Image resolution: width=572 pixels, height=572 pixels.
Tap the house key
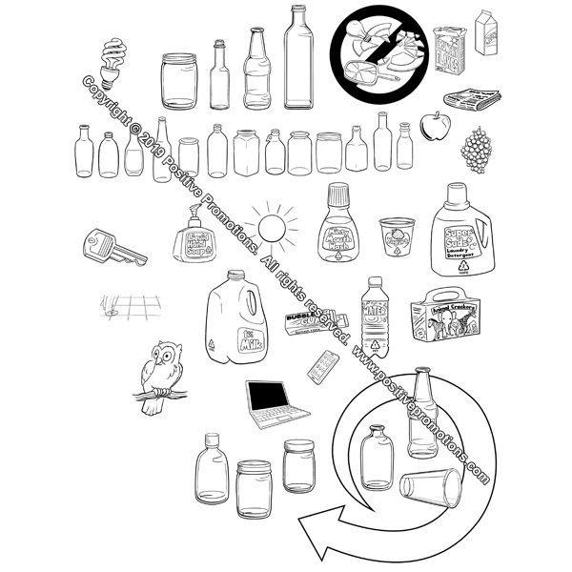coord(112,246)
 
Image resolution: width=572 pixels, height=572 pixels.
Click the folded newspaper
coord(471,98)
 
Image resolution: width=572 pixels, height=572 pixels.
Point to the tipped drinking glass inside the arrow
coord(431,485)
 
